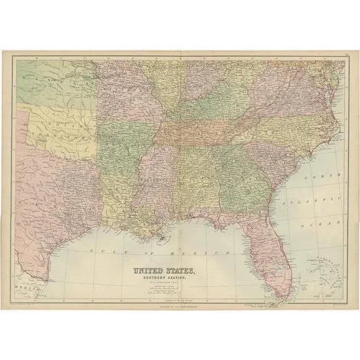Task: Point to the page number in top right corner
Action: tap(344, 57)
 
